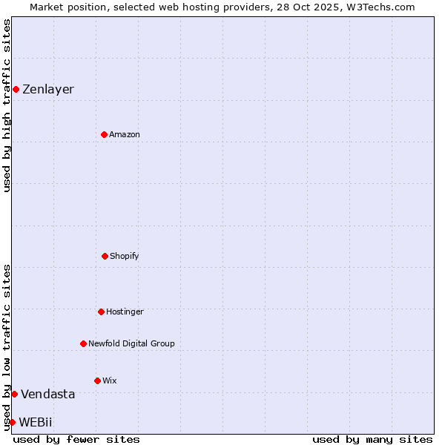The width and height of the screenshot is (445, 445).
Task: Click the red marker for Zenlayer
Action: (x=16, y=89)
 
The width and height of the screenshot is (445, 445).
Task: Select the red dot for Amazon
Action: (x=104, y=134)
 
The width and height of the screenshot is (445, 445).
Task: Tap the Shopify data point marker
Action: (x=105, y=256)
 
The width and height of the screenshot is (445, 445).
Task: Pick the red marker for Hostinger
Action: (x=101, y=311)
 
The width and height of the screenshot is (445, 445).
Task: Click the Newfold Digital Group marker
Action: (x=83, y=343)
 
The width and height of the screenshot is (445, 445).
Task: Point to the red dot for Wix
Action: (x=97, y=380)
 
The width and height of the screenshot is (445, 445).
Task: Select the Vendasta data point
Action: (x=14, y=394)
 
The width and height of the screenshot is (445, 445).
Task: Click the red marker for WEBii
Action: (x=12, y=422)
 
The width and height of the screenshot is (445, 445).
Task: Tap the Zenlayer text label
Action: (x=48, y=89)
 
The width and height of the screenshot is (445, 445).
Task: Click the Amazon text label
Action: (x=125, y=134)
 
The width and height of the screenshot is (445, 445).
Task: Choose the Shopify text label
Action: (x=125, y=256)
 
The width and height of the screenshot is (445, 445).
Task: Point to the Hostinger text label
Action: (x=125, y=311)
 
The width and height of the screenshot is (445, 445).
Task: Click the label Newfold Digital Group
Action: (x=131, y=343)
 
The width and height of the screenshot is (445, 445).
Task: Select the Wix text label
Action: (x=110, y=380)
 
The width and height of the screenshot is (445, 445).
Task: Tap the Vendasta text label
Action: (x=47, y=394)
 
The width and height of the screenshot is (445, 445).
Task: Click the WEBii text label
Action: (x=36, y=422)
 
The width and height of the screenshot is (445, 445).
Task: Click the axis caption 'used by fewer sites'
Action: (x=76, y=439)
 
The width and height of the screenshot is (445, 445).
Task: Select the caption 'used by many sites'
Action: (x=372, y=439)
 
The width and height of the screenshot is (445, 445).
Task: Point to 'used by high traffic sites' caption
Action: (x=7, y=105)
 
